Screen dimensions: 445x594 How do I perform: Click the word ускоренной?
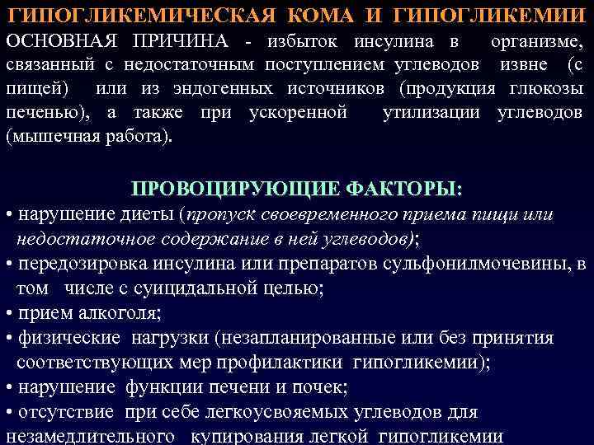[298, 112]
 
